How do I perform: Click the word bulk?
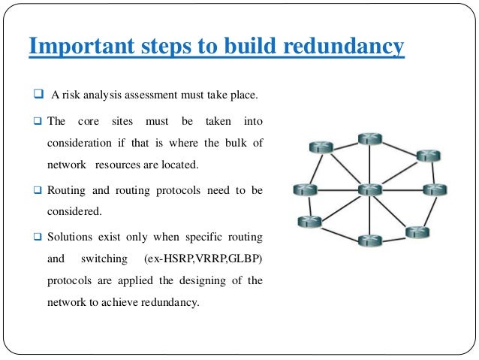237,142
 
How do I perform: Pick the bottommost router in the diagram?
369,241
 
